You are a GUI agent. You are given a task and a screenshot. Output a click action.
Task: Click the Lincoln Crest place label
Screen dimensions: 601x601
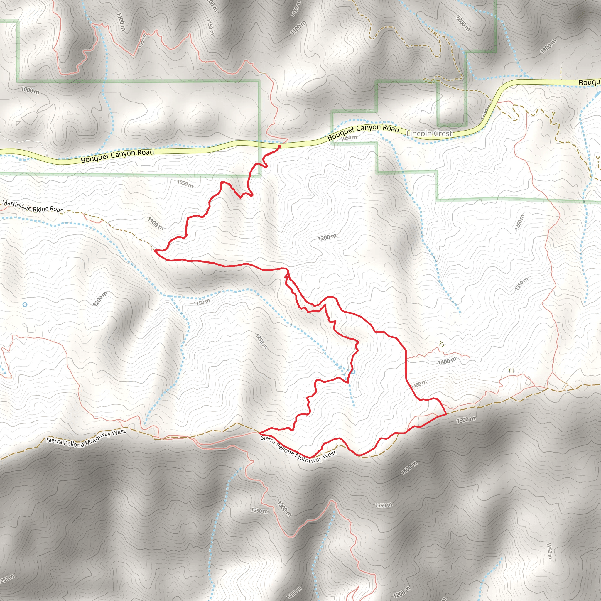(429, 134)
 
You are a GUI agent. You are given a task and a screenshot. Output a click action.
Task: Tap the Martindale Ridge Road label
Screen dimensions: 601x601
(33, 207)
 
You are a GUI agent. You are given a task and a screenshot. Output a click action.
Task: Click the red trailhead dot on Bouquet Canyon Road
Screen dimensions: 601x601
(279, 146)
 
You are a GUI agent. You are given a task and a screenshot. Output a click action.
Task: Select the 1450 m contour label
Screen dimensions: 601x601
(419, 384)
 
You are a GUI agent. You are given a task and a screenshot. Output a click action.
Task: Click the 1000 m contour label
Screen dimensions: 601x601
(30, 90)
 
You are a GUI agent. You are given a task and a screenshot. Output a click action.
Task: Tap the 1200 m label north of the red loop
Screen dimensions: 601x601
(327, 238)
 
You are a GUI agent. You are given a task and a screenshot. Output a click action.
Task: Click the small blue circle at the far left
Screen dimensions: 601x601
(25, 305)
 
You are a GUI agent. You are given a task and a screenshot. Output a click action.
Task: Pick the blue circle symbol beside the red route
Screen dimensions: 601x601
(353, 372)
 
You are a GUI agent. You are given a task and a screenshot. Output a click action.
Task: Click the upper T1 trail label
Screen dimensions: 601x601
(442, 344)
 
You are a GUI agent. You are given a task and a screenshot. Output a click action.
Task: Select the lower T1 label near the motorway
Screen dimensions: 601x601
(511, 371)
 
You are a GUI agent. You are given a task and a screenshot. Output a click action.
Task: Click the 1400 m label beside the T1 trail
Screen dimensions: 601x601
(447, 362)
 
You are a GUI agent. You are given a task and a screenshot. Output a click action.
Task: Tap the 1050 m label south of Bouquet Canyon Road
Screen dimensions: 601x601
(185, 184)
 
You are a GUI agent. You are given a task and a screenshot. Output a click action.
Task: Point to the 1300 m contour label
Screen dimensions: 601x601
(284, 509)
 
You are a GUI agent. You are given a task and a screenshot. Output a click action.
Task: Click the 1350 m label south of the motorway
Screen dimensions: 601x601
(384, 505)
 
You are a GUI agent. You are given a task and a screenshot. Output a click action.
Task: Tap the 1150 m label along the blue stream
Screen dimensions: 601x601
(202, 302)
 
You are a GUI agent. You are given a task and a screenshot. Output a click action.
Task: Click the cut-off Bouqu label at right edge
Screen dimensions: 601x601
(589, 82)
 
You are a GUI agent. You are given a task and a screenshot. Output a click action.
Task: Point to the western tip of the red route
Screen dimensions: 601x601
(155, 250)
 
